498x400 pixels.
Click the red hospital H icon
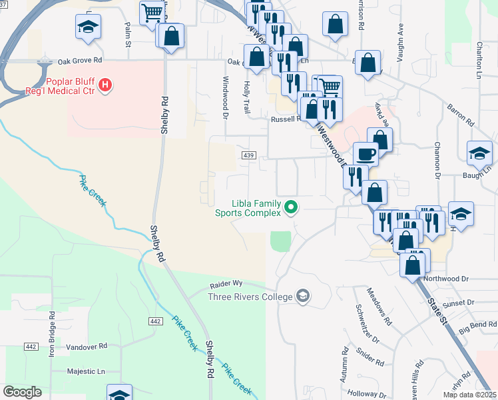tap(105, 85)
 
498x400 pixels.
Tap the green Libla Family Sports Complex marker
tap(291, 208)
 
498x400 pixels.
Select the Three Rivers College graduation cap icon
tap(303, 296)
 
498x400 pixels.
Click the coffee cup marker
tap(366, 154)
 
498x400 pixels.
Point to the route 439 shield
tap(247, 155)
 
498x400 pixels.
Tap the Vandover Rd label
tap(87, 347)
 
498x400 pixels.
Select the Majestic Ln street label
tap(86, 371)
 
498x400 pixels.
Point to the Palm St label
tap(127, 34)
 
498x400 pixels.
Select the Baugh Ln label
tap(475, 177)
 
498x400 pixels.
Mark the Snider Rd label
tap(370, 357)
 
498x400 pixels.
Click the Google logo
tap(23, 392)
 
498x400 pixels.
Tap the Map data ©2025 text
tap(469, 395)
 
